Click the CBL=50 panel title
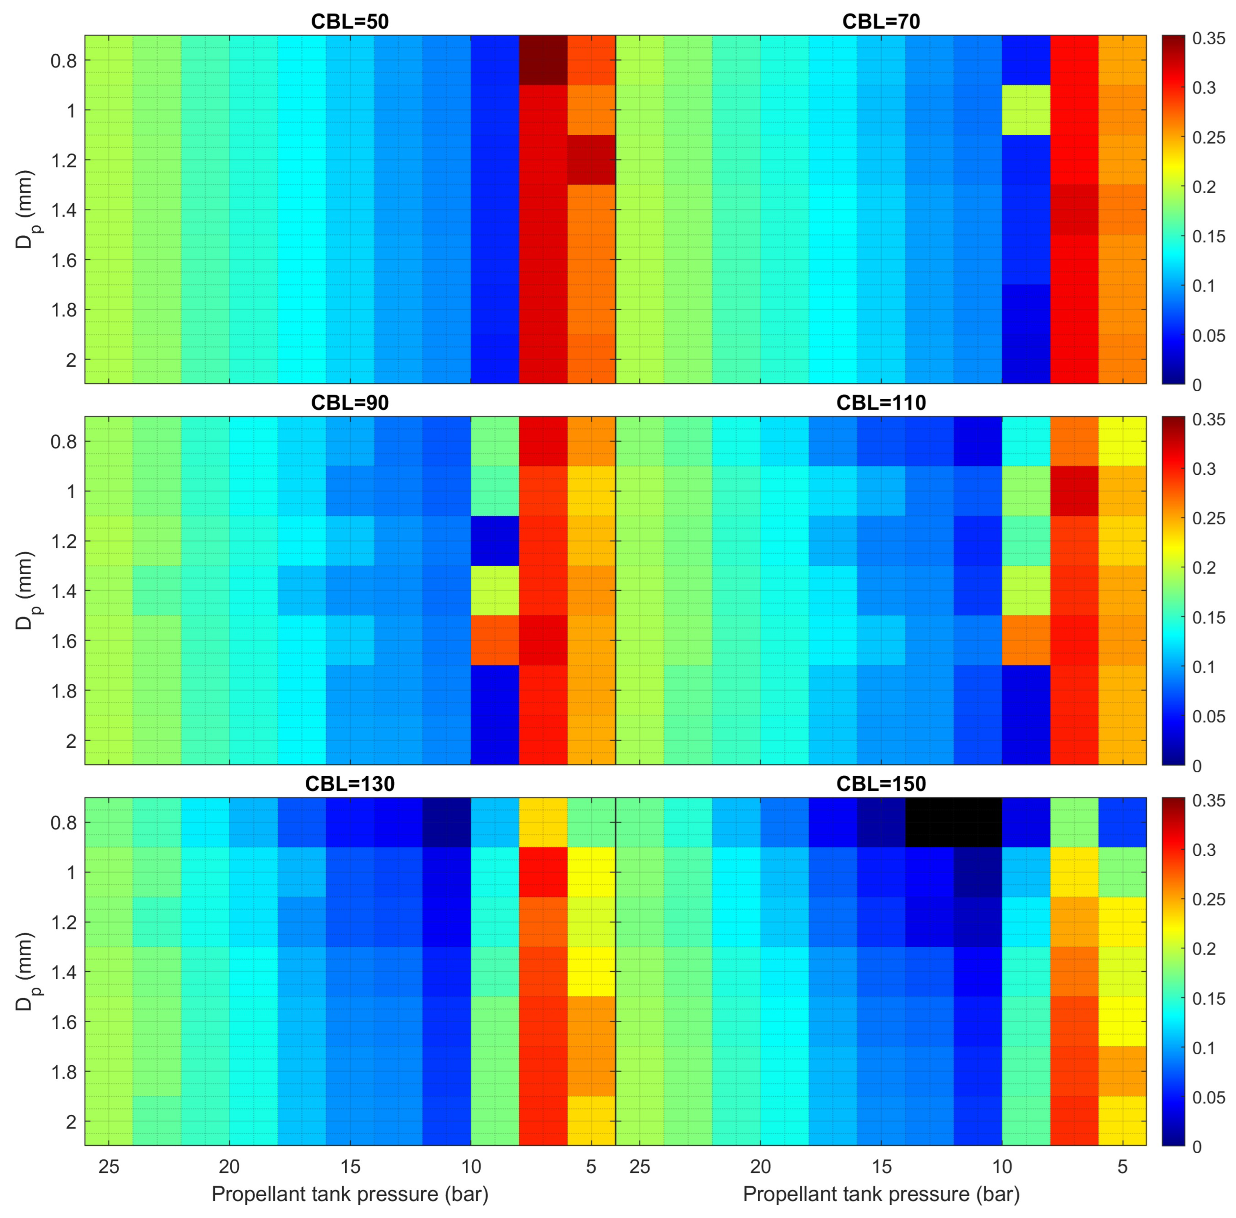[349, 22]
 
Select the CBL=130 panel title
[349, 783]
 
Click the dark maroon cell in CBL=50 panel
[543, 60]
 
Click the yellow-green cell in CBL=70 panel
[1026, 109]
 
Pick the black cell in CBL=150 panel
[953, 822]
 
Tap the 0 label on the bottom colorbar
[1197, 1147]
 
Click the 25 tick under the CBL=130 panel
[109, 1167]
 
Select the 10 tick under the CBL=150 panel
[1002, 1167]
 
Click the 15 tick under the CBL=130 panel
[350, 1167]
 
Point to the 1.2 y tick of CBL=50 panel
[63, 160]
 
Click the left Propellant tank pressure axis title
[349, 1194]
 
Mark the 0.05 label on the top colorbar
[1208, 335]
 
